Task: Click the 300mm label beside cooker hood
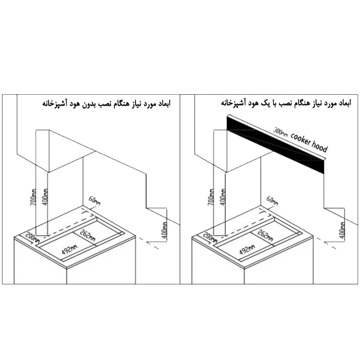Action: coord(280,132)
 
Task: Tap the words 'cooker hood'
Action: coord(309,142)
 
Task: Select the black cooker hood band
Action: coord(275,144)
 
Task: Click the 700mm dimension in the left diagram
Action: coord(34,197)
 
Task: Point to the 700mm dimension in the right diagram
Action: coord(211,197)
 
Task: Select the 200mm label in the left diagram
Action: coord(32,237)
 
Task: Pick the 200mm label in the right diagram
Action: coord(210,237)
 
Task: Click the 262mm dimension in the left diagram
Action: coord(88,235)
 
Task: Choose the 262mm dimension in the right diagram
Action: coord(265,235)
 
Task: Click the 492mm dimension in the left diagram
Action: coord(70,249)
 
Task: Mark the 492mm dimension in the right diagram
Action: coord(247,249)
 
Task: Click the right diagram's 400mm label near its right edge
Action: coord(343,230)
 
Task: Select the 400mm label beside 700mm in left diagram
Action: coord(46,197)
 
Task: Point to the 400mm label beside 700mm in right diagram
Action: coord(223,197)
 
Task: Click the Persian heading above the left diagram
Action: coord(106,103)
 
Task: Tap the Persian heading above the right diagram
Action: coord(286,103)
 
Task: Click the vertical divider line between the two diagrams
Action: coord(180,189)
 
